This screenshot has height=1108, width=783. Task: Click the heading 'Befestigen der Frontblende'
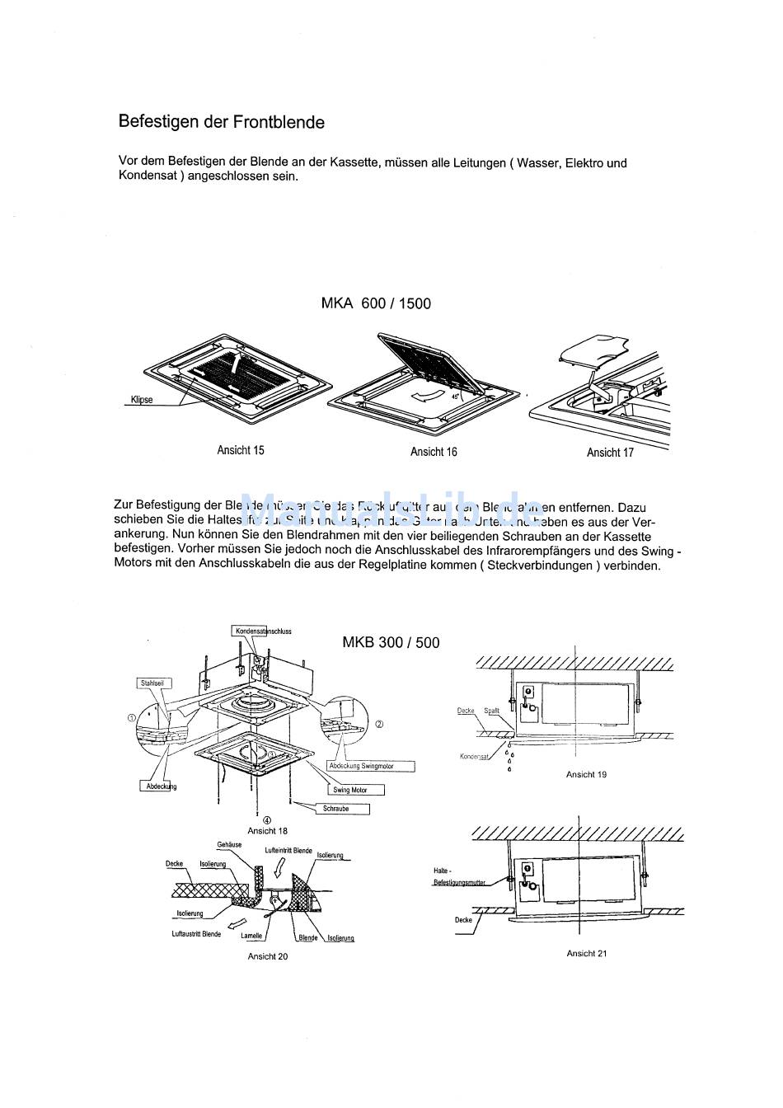[x=221, y=122]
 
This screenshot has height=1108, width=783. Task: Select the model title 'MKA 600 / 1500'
[x=375, y=303]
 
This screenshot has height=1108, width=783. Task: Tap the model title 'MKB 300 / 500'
[x=391, y=642]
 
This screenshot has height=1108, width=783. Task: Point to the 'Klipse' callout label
[x=141, y=400]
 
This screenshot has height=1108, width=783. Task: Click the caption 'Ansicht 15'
[x=240, y=450]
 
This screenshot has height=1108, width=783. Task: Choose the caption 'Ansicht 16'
[x=434, y=452]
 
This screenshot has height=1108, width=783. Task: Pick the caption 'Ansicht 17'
[x=610, y=453]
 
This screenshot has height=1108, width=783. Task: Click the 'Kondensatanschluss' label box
[x=263, y=631]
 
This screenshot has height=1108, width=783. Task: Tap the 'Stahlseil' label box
[x=152, y=683]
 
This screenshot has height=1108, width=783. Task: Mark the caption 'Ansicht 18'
[x=268, y=831]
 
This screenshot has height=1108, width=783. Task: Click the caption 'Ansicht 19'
[x=586, y=774]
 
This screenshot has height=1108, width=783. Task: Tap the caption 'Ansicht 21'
[x=586, y=953]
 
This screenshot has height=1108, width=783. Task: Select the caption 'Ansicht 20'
[x=268, y=956]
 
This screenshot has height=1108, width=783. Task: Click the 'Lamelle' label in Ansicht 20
[x=251, y=936]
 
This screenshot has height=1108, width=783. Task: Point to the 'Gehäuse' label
[x=229, y=845]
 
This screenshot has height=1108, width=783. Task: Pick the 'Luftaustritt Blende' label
[x=196, y=934]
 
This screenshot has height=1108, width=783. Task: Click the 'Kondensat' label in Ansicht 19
[x=475, y=756]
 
